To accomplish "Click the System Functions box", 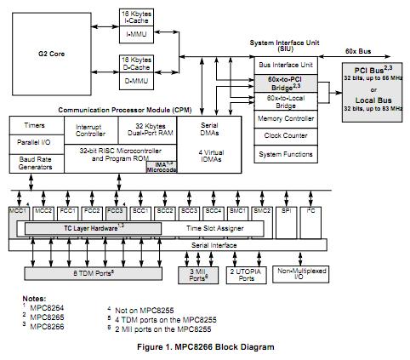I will click(x=287, y=155).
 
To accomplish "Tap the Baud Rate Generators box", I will click(x=35, y=163).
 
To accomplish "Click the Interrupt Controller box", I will click(x=90, y=130).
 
